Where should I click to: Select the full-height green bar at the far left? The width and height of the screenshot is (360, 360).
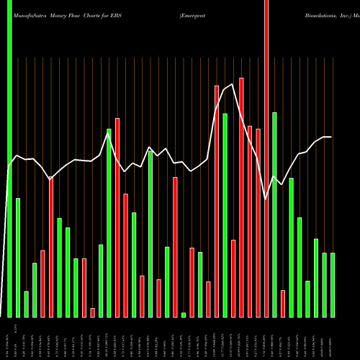pyautogui.click(x=9, y=158)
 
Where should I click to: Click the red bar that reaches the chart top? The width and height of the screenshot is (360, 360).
pyautogui.click(x=266, y=158)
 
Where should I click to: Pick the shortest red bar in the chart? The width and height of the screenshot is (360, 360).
pyautogui.click(x=92, y=312)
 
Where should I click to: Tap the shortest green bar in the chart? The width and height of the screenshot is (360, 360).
pyautogui.click(x=184, y=315)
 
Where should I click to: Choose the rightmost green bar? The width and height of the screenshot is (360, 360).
pyautogui.click(x=333, y=285)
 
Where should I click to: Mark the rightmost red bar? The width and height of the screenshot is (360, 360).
pyautogui.click(x=283, y=303)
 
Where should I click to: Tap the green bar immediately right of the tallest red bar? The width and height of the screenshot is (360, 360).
pyautogui.click(x=274, y=215)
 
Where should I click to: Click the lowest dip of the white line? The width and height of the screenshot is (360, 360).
pyautogui.click(x=266, y=198)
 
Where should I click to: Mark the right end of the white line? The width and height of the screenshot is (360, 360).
pyautogui.click(x=331, y=137)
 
